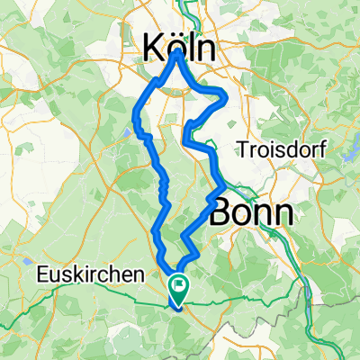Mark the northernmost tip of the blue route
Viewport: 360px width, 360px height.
tap(179, 51)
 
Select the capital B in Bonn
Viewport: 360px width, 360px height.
tap(221, 211)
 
